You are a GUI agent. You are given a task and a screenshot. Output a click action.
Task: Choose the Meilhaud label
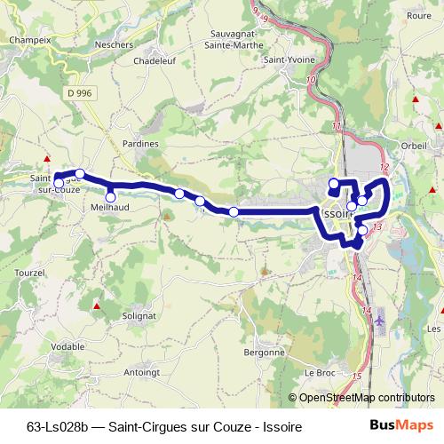coord(111,208)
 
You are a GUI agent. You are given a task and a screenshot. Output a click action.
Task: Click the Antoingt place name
coord(142,372)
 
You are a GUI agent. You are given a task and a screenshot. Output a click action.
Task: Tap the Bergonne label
coord(266,352)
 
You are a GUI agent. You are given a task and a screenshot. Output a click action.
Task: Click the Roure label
coord(417,15)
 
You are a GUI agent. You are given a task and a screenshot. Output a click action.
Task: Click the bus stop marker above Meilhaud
coord(111,197)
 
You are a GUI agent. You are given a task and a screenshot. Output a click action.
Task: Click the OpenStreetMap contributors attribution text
coord(367,398)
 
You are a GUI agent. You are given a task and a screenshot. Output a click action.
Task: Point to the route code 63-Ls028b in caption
coord(61,427)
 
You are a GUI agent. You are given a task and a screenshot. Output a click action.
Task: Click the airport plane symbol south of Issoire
coord(381,317)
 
